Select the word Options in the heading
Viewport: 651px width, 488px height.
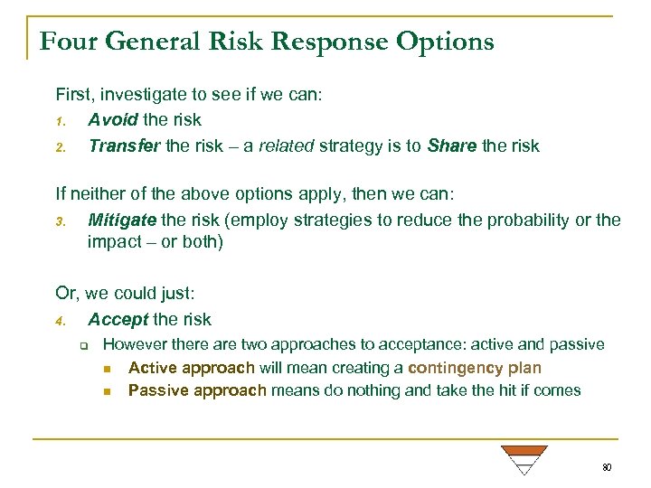click(452, 42)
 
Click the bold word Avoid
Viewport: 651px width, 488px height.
click(112, 119)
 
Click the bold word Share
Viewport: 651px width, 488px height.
click(453, 146)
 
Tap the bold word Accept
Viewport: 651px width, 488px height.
click(118, 319)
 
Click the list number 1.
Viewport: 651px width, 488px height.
click(60, 120)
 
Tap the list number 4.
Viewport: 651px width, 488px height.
click(60, 320)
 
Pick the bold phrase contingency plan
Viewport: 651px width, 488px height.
click(475, 368)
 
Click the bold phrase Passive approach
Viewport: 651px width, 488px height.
click(197, 390)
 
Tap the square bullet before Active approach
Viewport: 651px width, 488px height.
click(107, 369)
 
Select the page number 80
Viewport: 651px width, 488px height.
click(607, 467)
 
